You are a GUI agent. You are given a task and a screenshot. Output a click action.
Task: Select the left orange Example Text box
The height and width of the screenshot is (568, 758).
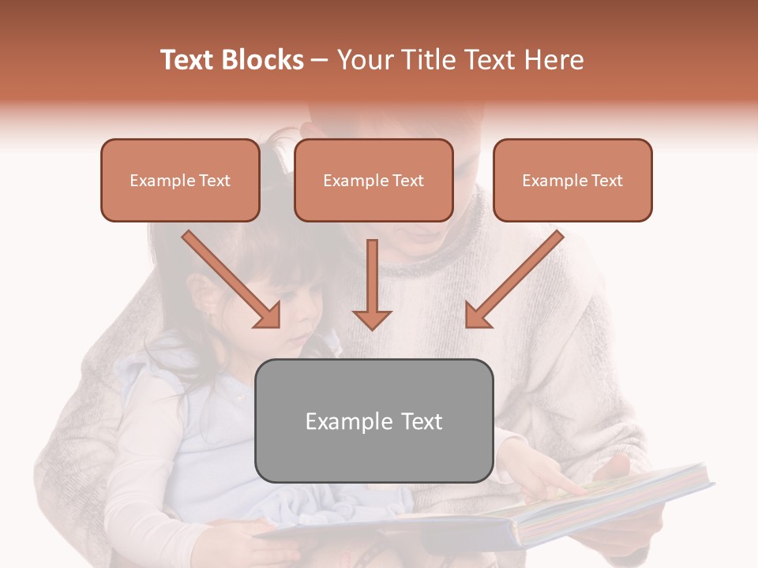[180, 181]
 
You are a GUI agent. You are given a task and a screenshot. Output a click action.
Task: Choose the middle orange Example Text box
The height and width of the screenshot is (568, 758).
[373, 181]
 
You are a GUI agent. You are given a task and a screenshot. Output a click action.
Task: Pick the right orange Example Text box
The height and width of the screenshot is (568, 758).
[572, 181]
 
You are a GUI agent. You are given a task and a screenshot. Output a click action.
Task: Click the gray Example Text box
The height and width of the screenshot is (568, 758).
[373, 420]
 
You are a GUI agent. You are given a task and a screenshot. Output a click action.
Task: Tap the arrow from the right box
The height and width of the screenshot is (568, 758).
[514, 279]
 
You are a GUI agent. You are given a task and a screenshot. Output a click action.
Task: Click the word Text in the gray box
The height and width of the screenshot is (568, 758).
[420, 421]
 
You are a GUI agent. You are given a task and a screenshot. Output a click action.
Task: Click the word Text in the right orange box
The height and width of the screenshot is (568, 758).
[606, 181]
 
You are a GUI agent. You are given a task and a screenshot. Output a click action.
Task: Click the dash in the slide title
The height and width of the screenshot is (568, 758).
[321, 61]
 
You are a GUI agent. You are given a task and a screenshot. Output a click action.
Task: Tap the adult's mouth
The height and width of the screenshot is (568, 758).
[425, 234]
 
